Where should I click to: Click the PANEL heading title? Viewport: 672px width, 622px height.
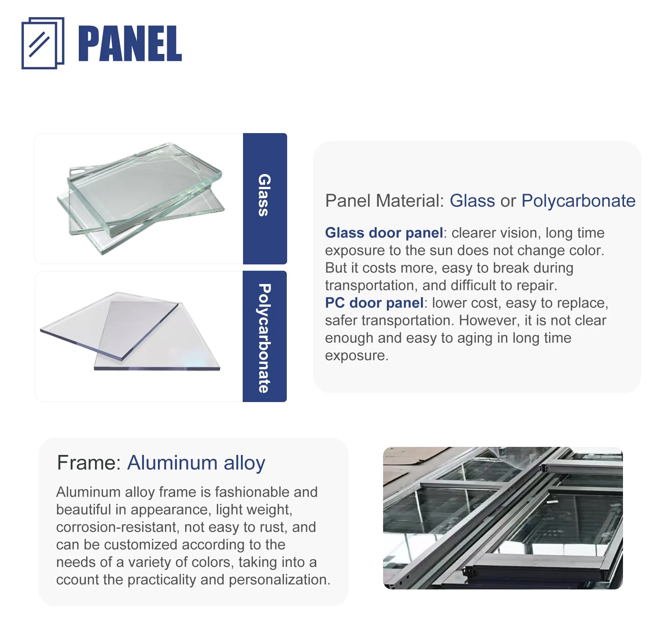coord(130,43)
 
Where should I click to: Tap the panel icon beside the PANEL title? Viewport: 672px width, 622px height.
coord(43,43)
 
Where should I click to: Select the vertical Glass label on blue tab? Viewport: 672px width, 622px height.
coord(264,195)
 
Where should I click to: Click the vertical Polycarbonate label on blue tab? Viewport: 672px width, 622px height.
coord(264,338)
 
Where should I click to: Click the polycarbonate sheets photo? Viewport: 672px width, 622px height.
coord(130,331)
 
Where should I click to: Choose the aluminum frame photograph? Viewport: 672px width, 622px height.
coord(503,518)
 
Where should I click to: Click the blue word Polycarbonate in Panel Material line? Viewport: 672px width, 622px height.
coord(578,201)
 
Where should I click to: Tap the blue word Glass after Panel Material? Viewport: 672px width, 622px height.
coord(472,201)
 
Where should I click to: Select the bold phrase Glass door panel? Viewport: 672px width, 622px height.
coord(384,233)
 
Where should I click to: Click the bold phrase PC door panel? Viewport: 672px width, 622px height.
coord(374,303)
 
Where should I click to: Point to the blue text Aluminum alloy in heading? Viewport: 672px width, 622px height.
coord(196,463)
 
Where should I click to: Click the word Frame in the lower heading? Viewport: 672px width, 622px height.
coord(86,463)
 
